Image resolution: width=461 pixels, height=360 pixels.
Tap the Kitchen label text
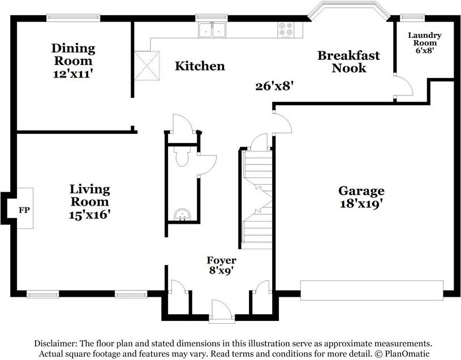point(200,66)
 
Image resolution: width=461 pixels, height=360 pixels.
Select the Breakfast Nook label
point(348,62)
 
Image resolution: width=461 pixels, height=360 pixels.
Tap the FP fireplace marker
point(24,210)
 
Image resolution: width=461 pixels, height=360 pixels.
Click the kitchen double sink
point(212,30)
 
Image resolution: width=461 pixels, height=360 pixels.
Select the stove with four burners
point(286,30)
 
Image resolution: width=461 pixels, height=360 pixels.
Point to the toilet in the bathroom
point(182,158)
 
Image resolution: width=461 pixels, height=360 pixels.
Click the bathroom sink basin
point(182,214)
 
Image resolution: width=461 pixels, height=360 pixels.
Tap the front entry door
point(221,312)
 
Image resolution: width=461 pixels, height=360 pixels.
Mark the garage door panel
point(372,290)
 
